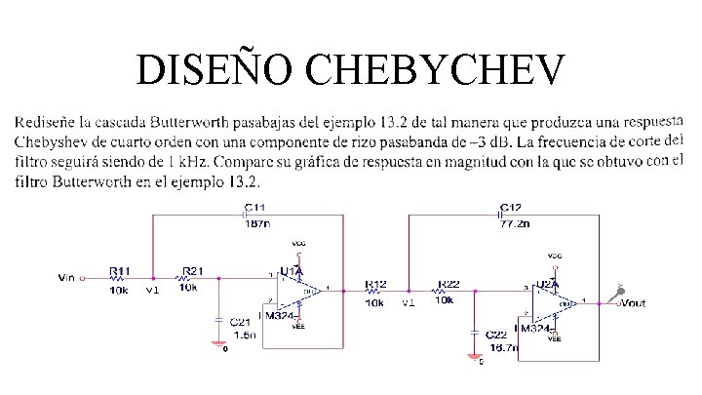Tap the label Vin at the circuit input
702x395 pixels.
click(65, 278)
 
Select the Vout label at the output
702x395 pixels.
click(633, 302)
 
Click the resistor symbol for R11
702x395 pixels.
click(118, 278)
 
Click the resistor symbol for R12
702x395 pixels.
click(374, 290)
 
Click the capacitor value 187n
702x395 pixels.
click(257, 222)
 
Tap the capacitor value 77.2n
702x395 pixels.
click(515, 222)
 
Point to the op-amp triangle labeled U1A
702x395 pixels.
click(298, 290)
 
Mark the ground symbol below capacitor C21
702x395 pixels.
click(218, 343)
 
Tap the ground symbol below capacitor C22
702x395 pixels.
click(474, 356)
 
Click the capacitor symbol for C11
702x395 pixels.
click(245, 212)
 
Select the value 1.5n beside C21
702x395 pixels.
click(247, 334)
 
